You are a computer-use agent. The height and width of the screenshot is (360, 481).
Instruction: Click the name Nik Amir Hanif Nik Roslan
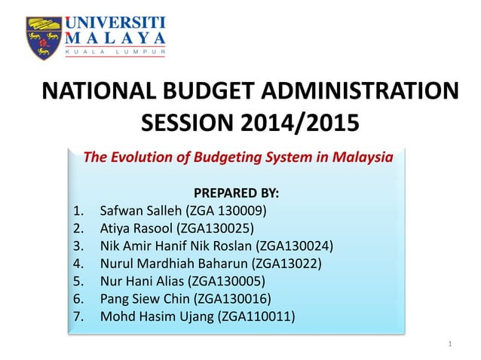(176, 246)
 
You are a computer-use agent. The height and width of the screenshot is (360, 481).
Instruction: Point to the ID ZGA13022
(283, 263)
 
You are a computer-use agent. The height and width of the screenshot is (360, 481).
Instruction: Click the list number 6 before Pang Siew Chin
(78, 298)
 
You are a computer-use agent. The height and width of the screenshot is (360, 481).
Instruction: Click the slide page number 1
(449, 345)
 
